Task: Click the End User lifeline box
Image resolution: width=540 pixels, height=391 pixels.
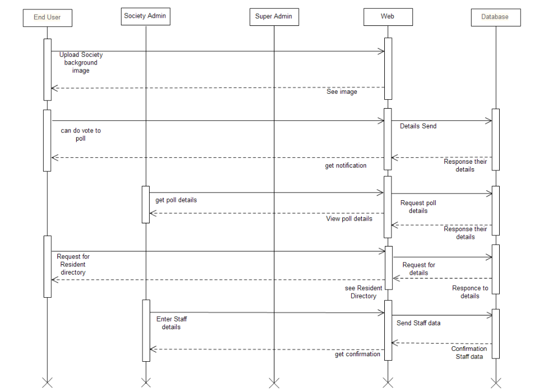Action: pos(47,18)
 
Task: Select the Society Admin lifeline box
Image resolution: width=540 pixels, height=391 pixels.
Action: pos(146,17)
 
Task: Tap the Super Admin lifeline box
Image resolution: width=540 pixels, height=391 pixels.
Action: pos(274,17)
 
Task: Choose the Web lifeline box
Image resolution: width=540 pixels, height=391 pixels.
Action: pos(388,17)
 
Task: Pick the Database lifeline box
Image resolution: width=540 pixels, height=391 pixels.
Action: pos(495,17)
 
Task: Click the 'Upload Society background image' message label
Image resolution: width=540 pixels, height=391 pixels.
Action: pos(81,63)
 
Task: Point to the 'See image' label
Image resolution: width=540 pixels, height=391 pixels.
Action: pos(342,92)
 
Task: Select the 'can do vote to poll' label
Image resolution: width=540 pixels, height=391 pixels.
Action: pos(81,135)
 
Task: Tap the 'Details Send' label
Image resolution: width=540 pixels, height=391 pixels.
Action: pos(418,126)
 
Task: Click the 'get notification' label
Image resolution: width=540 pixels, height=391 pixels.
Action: pos(346,165)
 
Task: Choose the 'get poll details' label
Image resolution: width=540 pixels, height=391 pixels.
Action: pos(176,200)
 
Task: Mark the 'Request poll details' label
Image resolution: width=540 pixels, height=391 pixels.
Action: pos(418,207)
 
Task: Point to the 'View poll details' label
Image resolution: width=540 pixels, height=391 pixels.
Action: pos(349,219)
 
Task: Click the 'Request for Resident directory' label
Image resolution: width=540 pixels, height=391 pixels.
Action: pos(73,265)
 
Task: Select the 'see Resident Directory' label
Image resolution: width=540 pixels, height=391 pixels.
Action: pos(363,292)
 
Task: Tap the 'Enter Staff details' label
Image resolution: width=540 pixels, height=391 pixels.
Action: pos(171,323)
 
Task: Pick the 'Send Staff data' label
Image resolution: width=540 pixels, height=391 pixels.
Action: pos(419,323)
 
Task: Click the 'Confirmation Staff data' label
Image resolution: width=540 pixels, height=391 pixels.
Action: pos(469,352)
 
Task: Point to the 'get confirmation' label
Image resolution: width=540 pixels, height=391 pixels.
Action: pos(358,355)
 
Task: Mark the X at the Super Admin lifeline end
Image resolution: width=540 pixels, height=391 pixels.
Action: pos(274,382)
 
